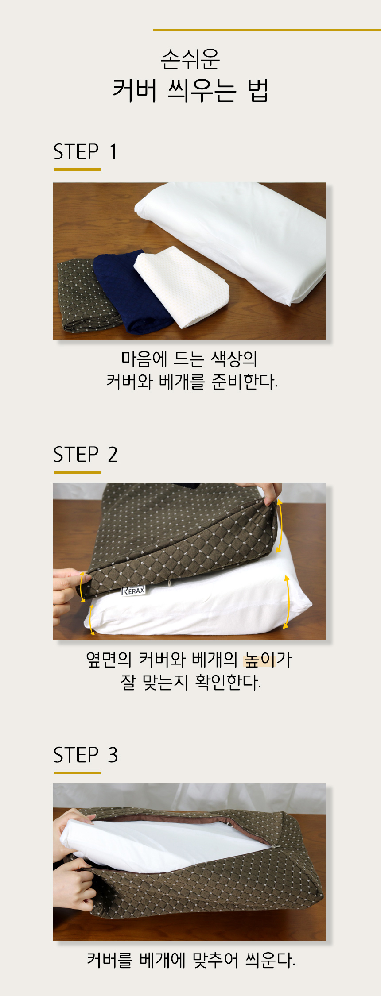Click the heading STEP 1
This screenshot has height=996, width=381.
(85, 151)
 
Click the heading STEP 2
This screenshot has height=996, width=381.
(85, 455)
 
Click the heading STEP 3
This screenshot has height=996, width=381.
(86, 755)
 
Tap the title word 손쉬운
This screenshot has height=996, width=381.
(190, 59)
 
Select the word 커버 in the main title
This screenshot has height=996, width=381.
(135, 90)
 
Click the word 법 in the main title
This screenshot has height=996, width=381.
(258, 90)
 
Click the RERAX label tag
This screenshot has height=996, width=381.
(133, 591)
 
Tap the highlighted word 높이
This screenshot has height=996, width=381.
(260, 660)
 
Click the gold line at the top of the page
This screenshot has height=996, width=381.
(267, 30)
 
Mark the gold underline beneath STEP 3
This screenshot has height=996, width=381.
(77, 773)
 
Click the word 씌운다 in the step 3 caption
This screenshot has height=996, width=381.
(270, 960)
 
